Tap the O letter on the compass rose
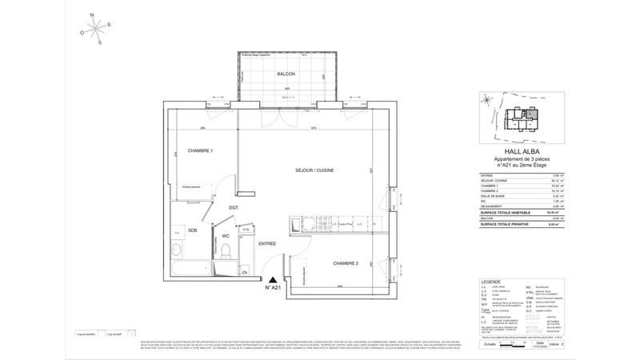[x=81, y=33]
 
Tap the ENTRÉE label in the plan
[x=266, y=243]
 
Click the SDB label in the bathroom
[x=192, y=231]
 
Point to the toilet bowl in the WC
[x=227, y=251]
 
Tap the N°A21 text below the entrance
[x=274, y=286]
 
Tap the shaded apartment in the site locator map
[x=526, y=114]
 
